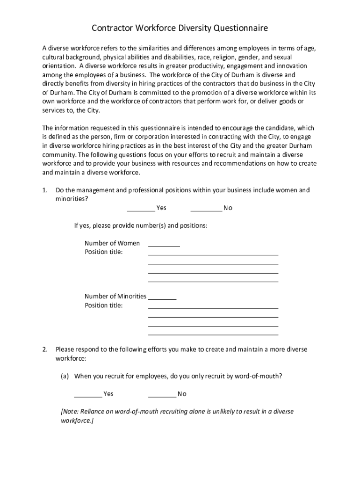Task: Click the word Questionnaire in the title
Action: coord(241,29)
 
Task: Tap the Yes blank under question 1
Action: coord(141,210)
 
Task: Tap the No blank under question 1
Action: coord(206,210)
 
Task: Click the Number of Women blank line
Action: coord(164,245)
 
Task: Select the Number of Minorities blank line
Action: coord(162,298)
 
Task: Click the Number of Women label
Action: coord(112,243)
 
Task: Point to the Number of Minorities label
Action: coord(115,296)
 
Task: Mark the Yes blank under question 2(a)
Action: coord(88,396)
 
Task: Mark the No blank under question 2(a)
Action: coord(162,396)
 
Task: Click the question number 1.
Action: coord(45,190)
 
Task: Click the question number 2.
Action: coord(45,349)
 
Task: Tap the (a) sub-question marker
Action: coord(65,376)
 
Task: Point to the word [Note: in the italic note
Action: coord(70,412)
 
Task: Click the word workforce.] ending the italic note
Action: coord(77,421)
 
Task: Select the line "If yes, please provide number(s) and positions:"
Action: coord(140,225)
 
